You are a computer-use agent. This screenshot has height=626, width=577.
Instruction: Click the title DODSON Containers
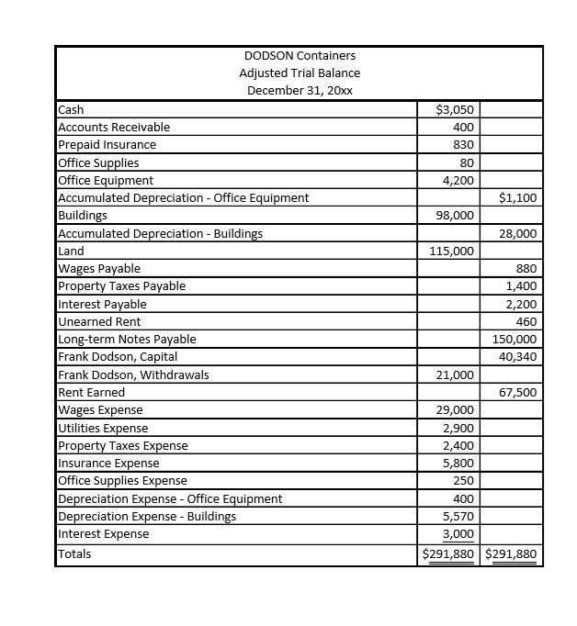[300, 55]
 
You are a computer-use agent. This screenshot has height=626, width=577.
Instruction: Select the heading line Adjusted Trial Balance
[300, 73]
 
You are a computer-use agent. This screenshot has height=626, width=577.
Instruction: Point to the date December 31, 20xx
[300, 90]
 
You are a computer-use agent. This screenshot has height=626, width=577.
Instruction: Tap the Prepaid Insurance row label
[107, 145]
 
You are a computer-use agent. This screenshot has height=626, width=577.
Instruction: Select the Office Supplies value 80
[464, 162]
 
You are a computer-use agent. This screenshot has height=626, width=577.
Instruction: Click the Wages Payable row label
[99, 268]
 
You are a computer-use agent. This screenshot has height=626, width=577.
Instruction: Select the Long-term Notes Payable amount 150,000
[515, 339]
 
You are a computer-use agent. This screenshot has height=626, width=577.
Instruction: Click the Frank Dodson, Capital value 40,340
[518, 356]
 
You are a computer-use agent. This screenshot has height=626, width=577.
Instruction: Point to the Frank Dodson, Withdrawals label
[133, 374]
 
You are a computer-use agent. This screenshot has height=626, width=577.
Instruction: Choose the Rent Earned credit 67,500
[518, 392]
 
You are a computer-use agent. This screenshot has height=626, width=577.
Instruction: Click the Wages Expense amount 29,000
[457, 410]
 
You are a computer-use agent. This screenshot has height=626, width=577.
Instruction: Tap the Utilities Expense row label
[102, 428]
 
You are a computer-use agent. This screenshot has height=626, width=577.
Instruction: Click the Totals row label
[74, 553]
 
